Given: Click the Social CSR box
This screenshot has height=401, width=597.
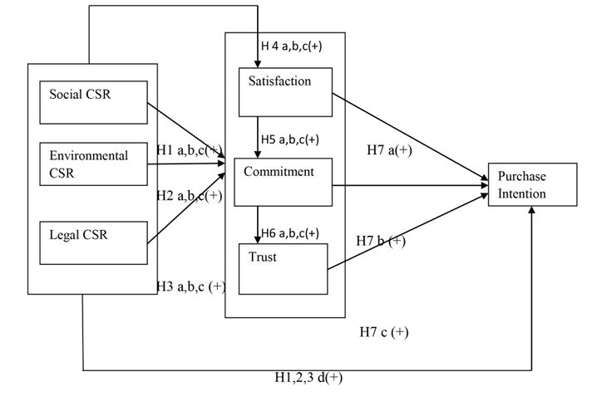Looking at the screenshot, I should coord(93,102).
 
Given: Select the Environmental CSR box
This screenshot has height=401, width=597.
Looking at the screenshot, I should coord(93,163).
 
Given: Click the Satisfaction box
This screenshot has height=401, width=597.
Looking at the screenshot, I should coord(285,91).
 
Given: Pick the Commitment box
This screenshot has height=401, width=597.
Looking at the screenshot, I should coord(283,181).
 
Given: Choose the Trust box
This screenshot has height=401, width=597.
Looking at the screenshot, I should coord(283,268).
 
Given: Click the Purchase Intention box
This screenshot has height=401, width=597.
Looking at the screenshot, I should coord(531,188).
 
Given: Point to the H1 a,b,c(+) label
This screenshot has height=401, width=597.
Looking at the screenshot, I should coord(190,149).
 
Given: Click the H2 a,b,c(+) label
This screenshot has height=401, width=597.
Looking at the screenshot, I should coord(190,196).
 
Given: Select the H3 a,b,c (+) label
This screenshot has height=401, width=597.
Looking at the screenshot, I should coord(191,286).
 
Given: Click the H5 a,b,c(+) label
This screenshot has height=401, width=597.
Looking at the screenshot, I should coord(289,139).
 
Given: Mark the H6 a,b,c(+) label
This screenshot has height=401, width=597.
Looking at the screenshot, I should coord(289,233).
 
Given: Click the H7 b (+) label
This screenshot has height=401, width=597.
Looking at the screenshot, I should coord(381,241).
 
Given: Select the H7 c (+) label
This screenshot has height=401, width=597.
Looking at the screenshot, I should coord(384,332).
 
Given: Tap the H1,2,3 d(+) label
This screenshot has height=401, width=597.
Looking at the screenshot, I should coord(308,378).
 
